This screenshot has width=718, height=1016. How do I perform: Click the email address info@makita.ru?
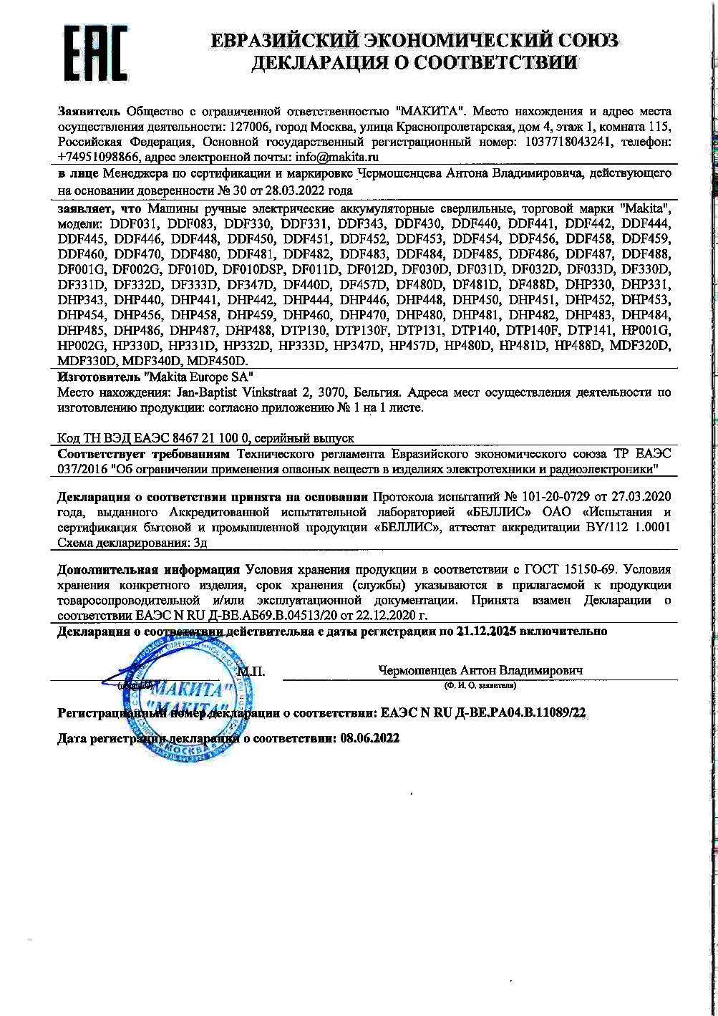[335, 156]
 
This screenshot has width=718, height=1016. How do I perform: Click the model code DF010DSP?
[253, 269]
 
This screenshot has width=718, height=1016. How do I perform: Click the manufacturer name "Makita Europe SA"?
[198, 376]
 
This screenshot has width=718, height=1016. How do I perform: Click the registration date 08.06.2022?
[369, 737]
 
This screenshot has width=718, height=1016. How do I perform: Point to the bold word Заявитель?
[89, 112]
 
